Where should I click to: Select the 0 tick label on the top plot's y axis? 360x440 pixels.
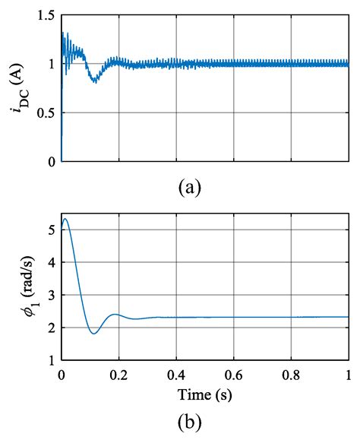point(51,161)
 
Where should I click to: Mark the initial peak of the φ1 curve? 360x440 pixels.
point(65,219)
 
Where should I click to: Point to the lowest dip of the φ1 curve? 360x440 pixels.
point(93,333)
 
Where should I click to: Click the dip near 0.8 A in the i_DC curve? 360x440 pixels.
point(94,81)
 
